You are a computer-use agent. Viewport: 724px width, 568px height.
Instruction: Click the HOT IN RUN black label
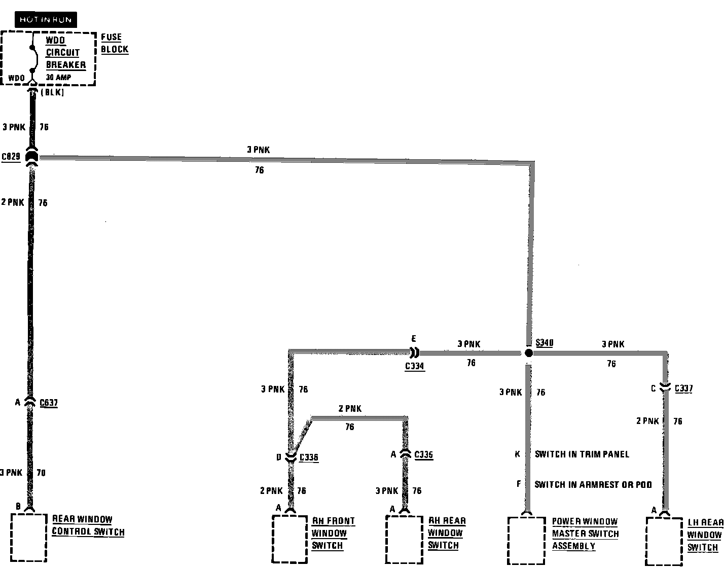tap(46, 20)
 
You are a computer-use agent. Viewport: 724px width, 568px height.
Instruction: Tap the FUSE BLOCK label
tap(115, 43)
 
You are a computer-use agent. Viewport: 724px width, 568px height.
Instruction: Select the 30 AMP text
tap(59, 78)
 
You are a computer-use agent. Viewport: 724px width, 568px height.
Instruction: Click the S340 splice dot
tap(528, 353)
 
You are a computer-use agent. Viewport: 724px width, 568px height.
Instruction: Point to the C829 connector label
tap(11, 156)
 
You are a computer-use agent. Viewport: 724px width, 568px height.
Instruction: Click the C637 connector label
tap(49, 404)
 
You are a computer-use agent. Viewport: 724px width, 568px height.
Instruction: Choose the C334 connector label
tap(415, 366)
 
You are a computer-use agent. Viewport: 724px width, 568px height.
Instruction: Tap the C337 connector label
tap(683, 388)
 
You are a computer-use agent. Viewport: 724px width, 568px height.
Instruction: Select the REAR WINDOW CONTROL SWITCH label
tap(88, 525)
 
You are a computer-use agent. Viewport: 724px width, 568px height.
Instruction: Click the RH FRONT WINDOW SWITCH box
tap(289, 539)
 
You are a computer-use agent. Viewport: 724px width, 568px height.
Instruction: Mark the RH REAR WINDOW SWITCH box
tap(404, 539)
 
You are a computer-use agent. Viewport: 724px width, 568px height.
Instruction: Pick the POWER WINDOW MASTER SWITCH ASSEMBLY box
tap(526, 540)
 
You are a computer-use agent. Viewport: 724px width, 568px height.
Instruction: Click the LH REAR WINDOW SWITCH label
tap(704, 535)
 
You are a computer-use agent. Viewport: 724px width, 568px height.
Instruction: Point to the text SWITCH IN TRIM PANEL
tap(582, 454)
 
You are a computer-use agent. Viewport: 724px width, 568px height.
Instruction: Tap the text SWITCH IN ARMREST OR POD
tap(593, 485)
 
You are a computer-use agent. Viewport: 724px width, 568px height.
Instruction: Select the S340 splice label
tap(544, 343)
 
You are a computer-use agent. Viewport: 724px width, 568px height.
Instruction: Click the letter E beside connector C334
tap(414, 339)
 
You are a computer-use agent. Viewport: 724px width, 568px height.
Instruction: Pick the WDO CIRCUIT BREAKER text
tap(65, 52)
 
